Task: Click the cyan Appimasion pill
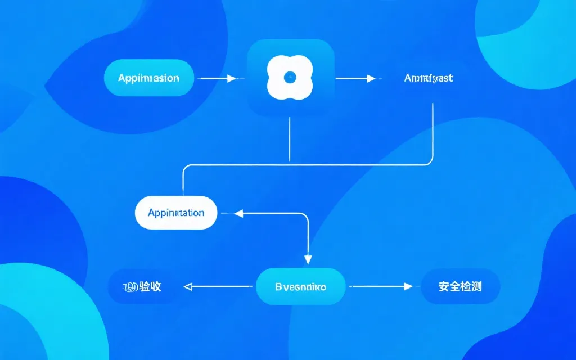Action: click(x=149, y=78)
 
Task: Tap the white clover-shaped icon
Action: click(x=290, y=78)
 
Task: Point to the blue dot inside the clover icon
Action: click(x=290, y=78)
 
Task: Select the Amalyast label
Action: click(x=429, y=78)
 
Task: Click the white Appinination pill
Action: click(x=176, y=213)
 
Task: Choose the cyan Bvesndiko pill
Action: click(x=300, y=286)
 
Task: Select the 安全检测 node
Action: click(x=460, y=286)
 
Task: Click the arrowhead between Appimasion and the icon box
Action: click(x=231, y=79)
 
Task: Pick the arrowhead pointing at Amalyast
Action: click(x=371, y=79)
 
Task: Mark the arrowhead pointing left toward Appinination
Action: click(x=237, y=213)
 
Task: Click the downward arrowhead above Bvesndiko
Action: click(x=308, y=259)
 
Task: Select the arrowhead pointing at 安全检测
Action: click(x=408, y=286)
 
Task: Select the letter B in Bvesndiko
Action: click(x=278, y=286)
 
